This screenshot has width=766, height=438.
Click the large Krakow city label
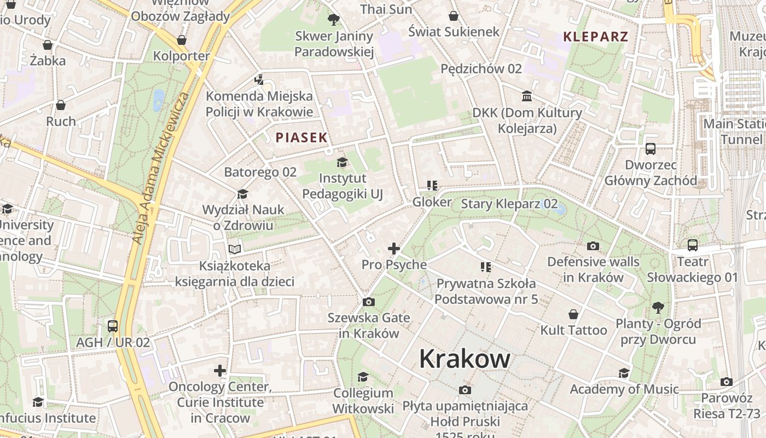point(465,359)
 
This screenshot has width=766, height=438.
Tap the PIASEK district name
point(301,137)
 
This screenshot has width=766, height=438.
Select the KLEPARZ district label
point(596,37)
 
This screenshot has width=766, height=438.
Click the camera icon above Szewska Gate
point(369,302)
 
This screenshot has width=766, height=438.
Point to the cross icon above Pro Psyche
point(393,249)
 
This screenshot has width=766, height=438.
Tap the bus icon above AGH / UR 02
point(113,326)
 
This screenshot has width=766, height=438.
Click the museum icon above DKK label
point(527,96)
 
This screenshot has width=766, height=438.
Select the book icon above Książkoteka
point(235,250)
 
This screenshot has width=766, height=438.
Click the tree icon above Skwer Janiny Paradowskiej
point(333,20)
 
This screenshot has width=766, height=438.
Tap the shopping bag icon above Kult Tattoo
point(573,314)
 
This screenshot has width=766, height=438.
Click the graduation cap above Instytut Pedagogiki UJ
point(343,162)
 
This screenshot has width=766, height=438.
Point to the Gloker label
point(432,202)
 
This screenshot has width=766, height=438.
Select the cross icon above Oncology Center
point(220,371)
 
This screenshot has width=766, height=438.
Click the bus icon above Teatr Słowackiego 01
point(693,245)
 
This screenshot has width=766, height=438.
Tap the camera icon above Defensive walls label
point(593,246)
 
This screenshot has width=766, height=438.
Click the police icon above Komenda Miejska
point(259,80)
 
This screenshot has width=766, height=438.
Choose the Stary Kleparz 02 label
point(509,204)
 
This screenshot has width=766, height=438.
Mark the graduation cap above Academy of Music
point(624,373)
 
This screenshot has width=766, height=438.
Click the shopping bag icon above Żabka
point(48,44)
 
